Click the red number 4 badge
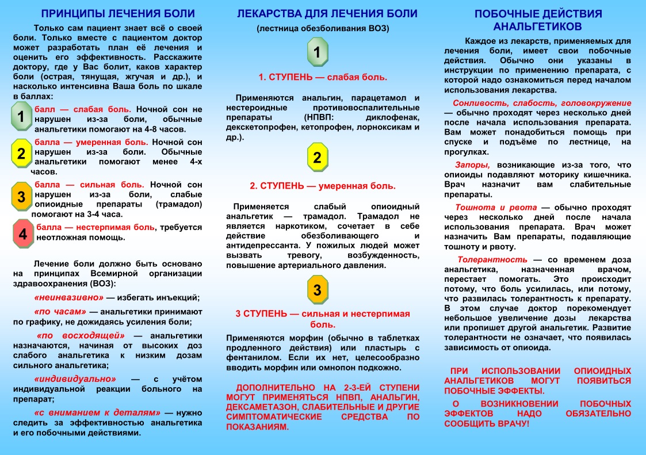tap(22, 234)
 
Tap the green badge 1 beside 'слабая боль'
tap(21, 117)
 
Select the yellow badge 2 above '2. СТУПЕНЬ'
tap(317, 157)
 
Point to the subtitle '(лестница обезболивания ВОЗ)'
tap(323, 29)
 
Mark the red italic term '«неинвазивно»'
tap(68, 297)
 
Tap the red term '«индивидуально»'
tap(75, 379)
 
